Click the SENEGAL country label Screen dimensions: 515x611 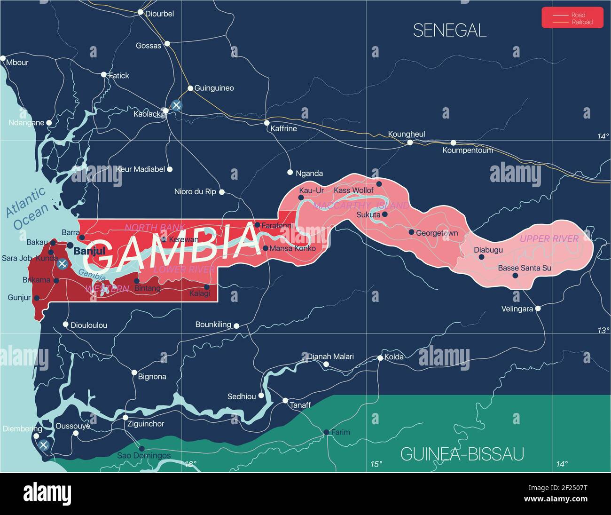[449, 31]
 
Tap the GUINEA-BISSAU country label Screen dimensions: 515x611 [462, 454]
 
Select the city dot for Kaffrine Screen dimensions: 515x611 [266, 123]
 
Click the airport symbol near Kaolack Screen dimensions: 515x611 [176, 105]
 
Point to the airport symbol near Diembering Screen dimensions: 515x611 [44, 445]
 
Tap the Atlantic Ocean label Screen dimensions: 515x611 [27, 208]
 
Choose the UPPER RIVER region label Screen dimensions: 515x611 [549, 239]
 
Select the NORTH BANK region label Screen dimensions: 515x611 [155, 228]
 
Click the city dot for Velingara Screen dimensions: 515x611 [538, 309]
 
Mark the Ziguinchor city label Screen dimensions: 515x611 [146, 424]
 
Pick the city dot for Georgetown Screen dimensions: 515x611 [411, 232]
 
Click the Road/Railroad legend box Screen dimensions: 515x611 [572, 18]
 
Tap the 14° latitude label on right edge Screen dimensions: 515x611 [603, 136]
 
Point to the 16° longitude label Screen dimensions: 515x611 [190, 464]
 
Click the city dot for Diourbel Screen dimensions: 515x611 [140, 12]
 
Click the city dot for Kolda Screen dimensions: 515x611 [380, 358]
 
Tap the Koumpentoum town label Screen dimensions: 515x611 [468, 151]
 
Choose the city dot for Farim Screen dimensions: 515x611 [326, 432]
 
